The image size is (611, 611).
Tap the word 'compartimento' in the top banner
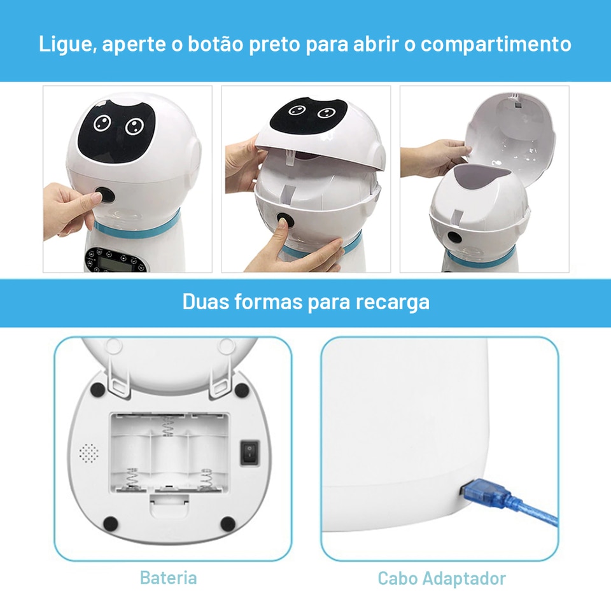coord(496,45)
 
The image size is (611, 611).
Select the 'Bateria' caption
coord(168,577)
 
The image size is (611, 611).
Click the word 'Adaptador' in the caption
coord(464,579)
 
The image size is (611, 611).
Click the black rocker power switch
coord(249,453)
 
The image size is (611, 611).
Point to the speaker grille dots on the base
coord(89,453)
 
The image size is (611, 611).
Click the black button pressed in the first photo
coord(105,195)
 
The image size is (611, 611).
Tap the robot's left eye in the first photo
coord(102,123)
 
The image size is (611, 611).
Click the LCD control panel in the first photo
coord(116,260)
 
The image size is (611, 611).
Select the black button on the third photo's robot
coord(454,237)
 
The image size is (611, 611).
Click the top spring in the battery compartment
coord(168,426)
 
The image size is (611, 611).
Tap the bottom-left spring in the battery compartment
coord(132,478)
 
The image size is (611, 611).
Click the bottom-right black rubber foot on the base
coord(228,524)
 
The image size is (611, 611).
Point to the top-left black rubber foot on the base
coord(97,390)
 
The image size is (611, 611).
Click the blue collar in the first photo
coord(137,228)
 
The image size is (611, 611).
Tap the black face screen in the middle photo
coord(309,115)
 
